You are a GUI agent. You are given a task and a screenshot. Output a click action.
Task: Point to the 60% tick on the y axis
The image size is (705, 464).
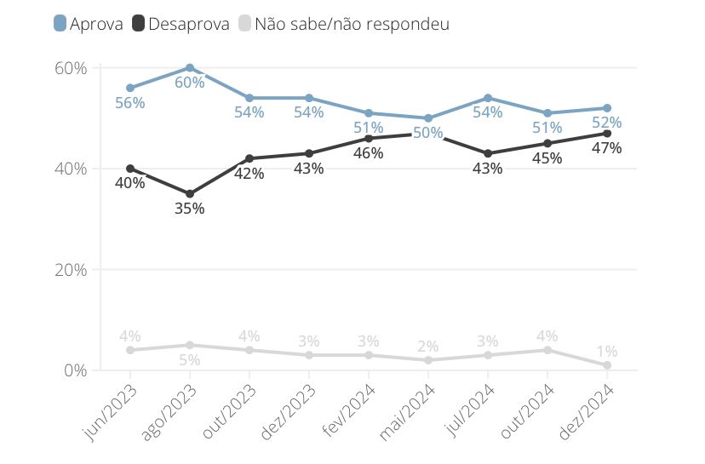tap(71, 68)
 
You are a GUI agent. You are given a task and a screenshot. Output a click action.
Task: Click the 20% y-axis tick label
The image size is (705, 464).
tap(71, 270)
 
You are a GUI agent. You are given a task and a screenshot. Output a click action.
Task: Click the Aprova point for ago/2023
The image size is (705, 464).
tap(190, 68)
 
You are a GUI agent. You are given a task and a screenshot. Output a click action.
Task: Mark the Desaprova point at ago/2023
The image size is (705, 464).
tap(190, 194)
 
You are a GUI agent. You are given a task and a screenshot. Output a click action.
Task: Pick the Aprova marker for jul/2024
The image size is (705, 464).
tap(488, 98)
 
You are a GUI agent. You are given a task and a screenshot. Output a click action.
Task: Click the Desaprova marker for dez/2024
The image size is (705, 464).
tap(607, 134)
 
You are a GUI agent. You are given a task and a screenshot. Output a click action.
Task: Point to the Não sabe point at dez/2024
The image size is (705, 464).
tap(607, 365)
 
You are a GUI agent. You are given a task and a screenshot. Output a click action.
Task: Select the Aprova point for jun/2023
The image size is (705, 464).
tap(130, 88)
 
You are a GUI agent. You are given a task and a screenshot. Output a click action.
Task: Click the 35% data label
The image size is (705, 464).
tap(190, 209)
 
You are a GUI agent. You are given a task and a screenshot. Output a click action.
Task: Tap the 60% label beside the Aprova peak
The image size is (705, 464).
tap(190, 83)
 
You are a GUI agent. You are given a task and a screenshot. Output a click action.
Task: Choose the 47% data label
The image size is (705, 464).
tap(607, 148)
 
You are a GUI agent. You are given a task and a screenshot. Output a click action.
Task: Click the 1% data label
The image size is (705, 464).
tap(607, 351)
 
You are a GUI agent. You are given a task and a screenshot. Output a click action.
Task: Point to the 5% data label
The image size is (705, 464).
tap(190, 360)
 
